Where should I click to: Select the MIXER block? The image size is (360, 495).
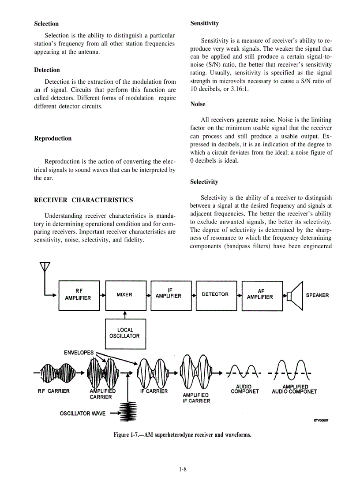125,295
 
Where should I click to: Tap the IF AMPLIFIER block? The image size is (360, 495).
171,295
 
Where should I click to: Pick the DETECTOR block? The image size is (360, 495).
215,295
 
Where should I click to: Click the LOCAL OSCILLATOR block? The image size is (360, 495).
125,333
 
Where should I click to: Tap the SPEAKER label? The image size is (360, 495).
317,295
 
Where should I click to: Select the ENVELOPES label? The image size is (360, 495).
79,353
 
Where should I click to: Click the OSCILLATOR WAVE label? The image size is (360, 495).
83,413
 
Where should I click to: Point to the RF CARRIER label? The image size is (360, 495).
53,391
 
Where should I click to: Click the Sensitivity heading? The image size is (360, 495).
204,23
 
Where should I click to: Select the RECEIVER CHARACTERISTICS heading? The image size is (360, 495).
83,200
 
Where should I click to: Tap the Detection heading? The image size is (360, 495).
47,70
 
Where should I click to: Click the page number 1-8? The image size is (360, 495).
183,469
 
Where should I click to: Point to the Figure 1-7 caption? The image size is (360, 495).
183,435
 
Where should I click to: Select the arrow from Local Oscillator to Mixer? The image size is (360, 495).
125,314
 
